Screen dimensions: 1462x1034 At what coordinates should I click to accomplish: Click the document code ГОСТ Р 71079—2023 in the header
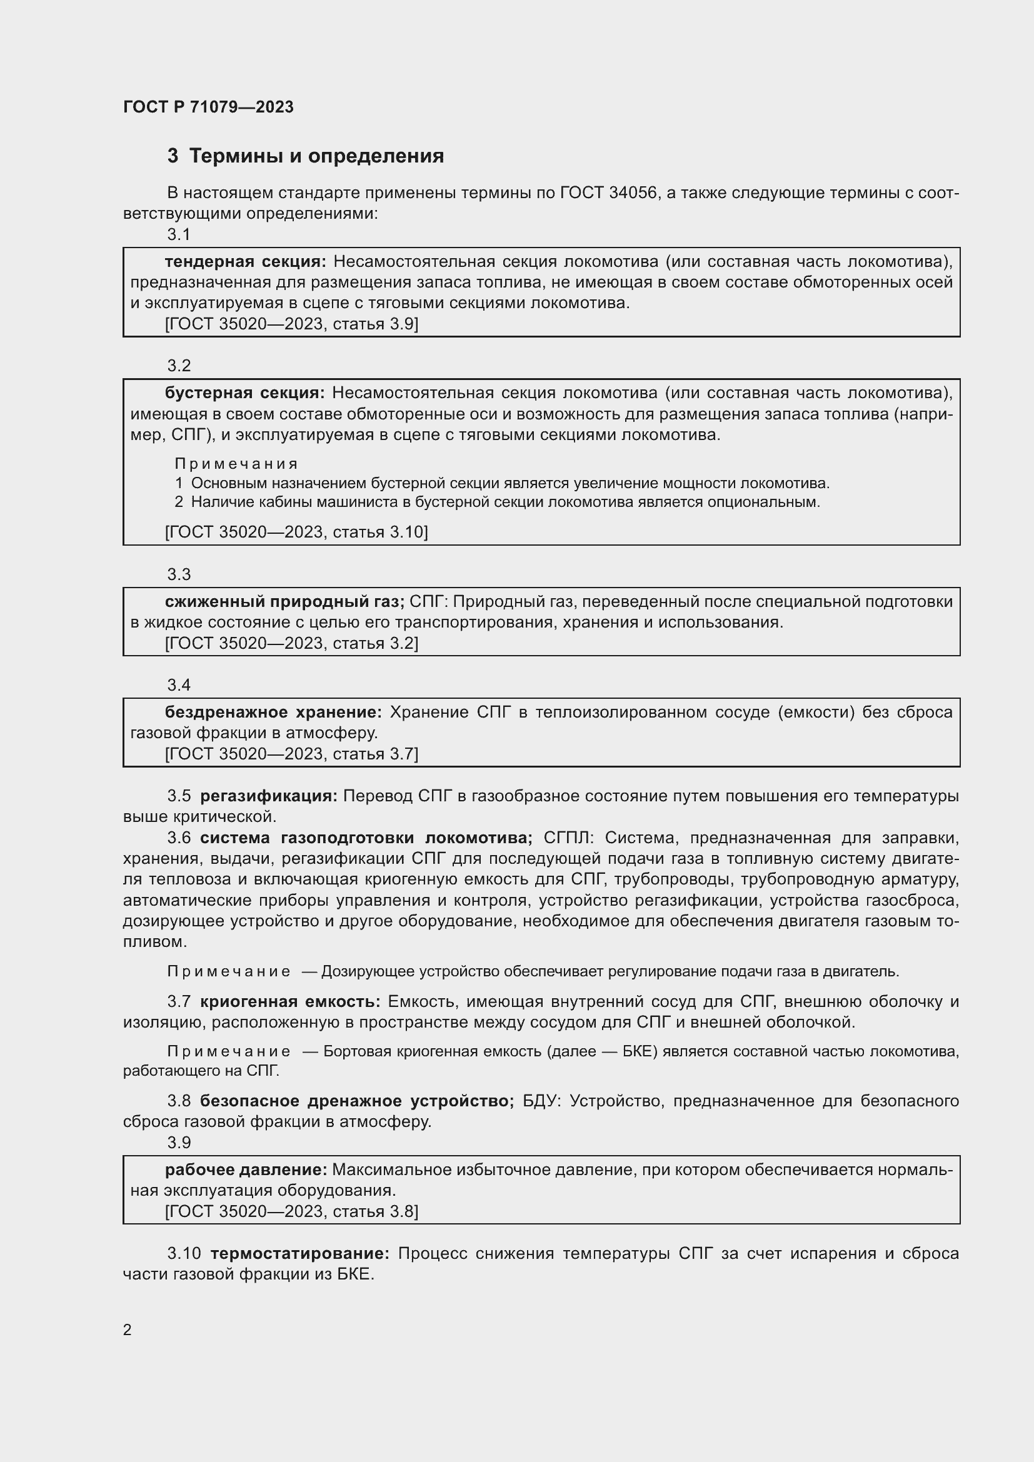208,107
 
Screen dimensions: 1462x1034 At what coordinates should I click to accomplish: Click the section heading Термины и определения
316,156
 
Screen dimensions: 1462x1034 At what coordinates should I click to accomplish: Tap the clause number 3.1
179,235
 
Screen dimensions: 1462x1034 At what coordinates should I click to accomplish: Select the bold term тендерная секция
245,262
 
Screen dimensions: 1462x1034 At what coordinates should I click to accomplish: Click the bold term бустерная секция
244,393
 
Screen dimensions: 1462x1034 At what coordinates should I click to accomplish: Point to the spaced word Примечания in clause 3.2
236,464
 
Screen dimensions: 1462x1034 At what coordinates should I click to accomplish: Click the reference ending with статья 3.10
296,532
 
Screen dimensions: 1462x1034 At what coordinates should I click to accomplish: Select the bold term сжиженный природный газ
284,602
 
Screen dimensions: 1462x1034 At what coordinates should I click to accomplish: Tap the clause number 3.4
179,685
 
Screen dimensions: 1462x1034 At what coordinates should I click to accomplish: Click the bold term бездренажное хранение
273,712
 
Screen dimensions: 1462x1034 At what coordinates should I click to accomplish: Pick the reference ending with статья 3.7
291,754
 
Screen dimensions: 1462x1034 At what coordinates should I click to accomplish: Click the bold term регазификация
269,796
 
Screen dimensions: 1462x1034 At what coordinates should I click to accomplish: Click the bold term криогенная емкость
289,1001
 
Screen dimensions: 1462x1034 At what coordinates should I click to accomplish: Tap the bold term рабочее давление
246,1169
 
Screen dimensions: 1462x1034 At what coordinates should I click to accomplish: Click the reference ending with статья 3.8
291,1211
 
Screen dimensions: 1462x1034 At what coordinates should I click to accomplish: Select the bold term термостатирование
300,1254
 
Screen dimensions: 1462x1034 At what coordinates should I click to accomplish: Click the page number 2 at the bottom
128,1330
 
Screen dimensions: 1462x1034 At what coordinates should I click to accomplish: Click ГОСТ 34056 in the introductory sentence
609,193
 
